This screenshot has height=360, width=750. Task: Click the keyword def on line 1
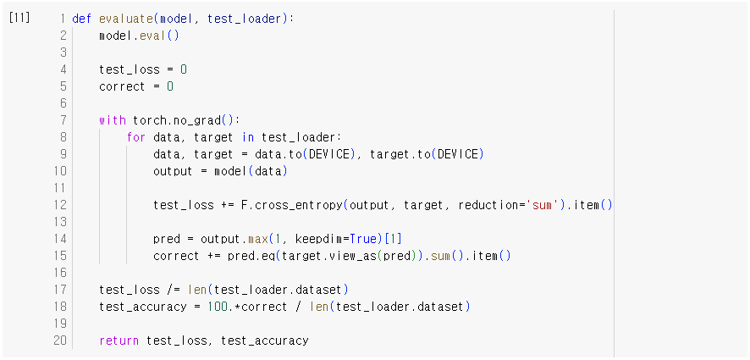[82, 18]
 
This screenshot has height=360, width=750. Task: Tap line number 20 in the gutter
[59, 341]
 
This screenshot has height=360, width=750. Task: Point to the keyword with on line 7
[112, 120]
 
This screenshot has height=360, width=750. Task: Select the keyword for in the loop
[136, 137]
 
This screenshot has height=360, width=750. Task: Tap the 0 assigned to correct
[169, 86]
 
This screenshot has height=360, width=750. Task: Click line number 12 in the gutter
[59, 205]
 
